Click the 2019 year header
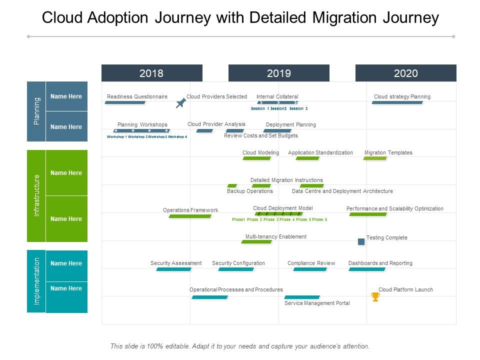pos(278,73)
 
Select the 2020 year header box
pos(405,73)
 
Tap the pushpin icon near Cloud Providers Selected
pos(181,103)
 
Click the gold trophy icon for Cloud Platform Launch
pos(375,297)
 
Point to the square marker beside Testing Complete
pos(361,241)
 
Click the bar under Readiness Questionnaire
pos(125,102)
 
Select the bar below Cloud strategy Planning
pos(397,102)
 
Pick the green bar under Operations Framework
pos(190,216)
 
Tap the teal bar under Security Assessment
pos(173,269)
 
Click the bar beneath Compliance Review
pos(310,269)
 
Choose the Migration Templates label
pos(388,152)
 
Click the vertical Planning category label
pos(36,111)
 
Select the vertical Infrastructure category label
pos(36,195)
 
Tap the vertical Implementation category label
pos(36,281)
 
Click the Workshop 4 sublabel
pos(177,136)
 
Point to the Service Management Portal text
pos(317,303)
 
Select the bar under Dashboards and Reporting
pos(367,269)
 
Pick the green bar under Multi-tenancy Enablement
pos(256,242)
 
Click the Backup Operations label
pos(250,191)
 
